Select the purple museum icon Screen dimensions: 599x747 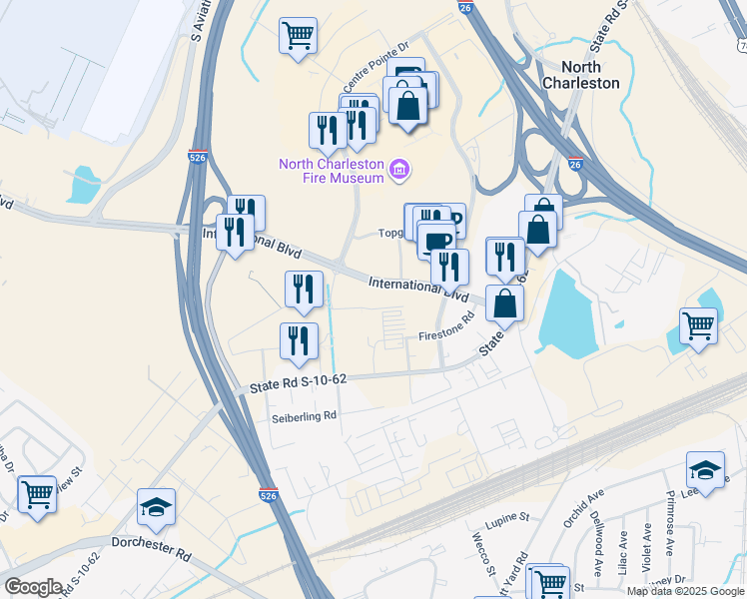click(x=399, y=171)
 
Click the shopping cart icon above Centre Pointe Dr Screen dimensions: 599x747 click(x=298, y=37)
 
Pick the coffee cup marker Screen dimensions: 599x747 click(x=435, y=240)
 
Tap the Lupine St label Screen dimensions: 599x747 click(x=508, y=518)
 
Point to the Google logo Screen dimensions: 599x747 click(x=33, y=587)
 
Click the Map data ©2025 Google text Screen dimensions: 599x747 click(x=684, y=591)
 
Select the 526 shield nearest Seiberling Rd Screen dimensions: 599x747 click(x=267, y=493)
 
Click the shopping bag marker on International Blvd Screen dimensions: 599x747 click(x=505, y=301)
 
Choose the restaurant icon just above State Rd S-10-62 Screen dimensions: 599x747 click(x=299, y=340)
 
